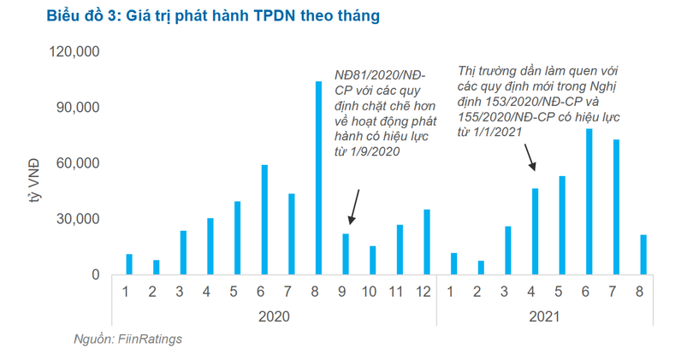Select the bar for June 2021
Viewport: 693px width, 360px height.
(x=589, y=202)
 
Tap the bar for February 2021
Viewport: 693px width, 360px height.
(x=481, y=268)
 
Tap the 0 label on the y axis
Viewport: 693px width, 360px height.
(x=97, y=275)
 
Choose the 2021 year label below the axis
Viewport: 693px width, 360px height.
(x=543, y=316)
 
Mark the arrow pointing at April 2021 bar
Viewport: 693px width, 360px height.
(x=529, y=156)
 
